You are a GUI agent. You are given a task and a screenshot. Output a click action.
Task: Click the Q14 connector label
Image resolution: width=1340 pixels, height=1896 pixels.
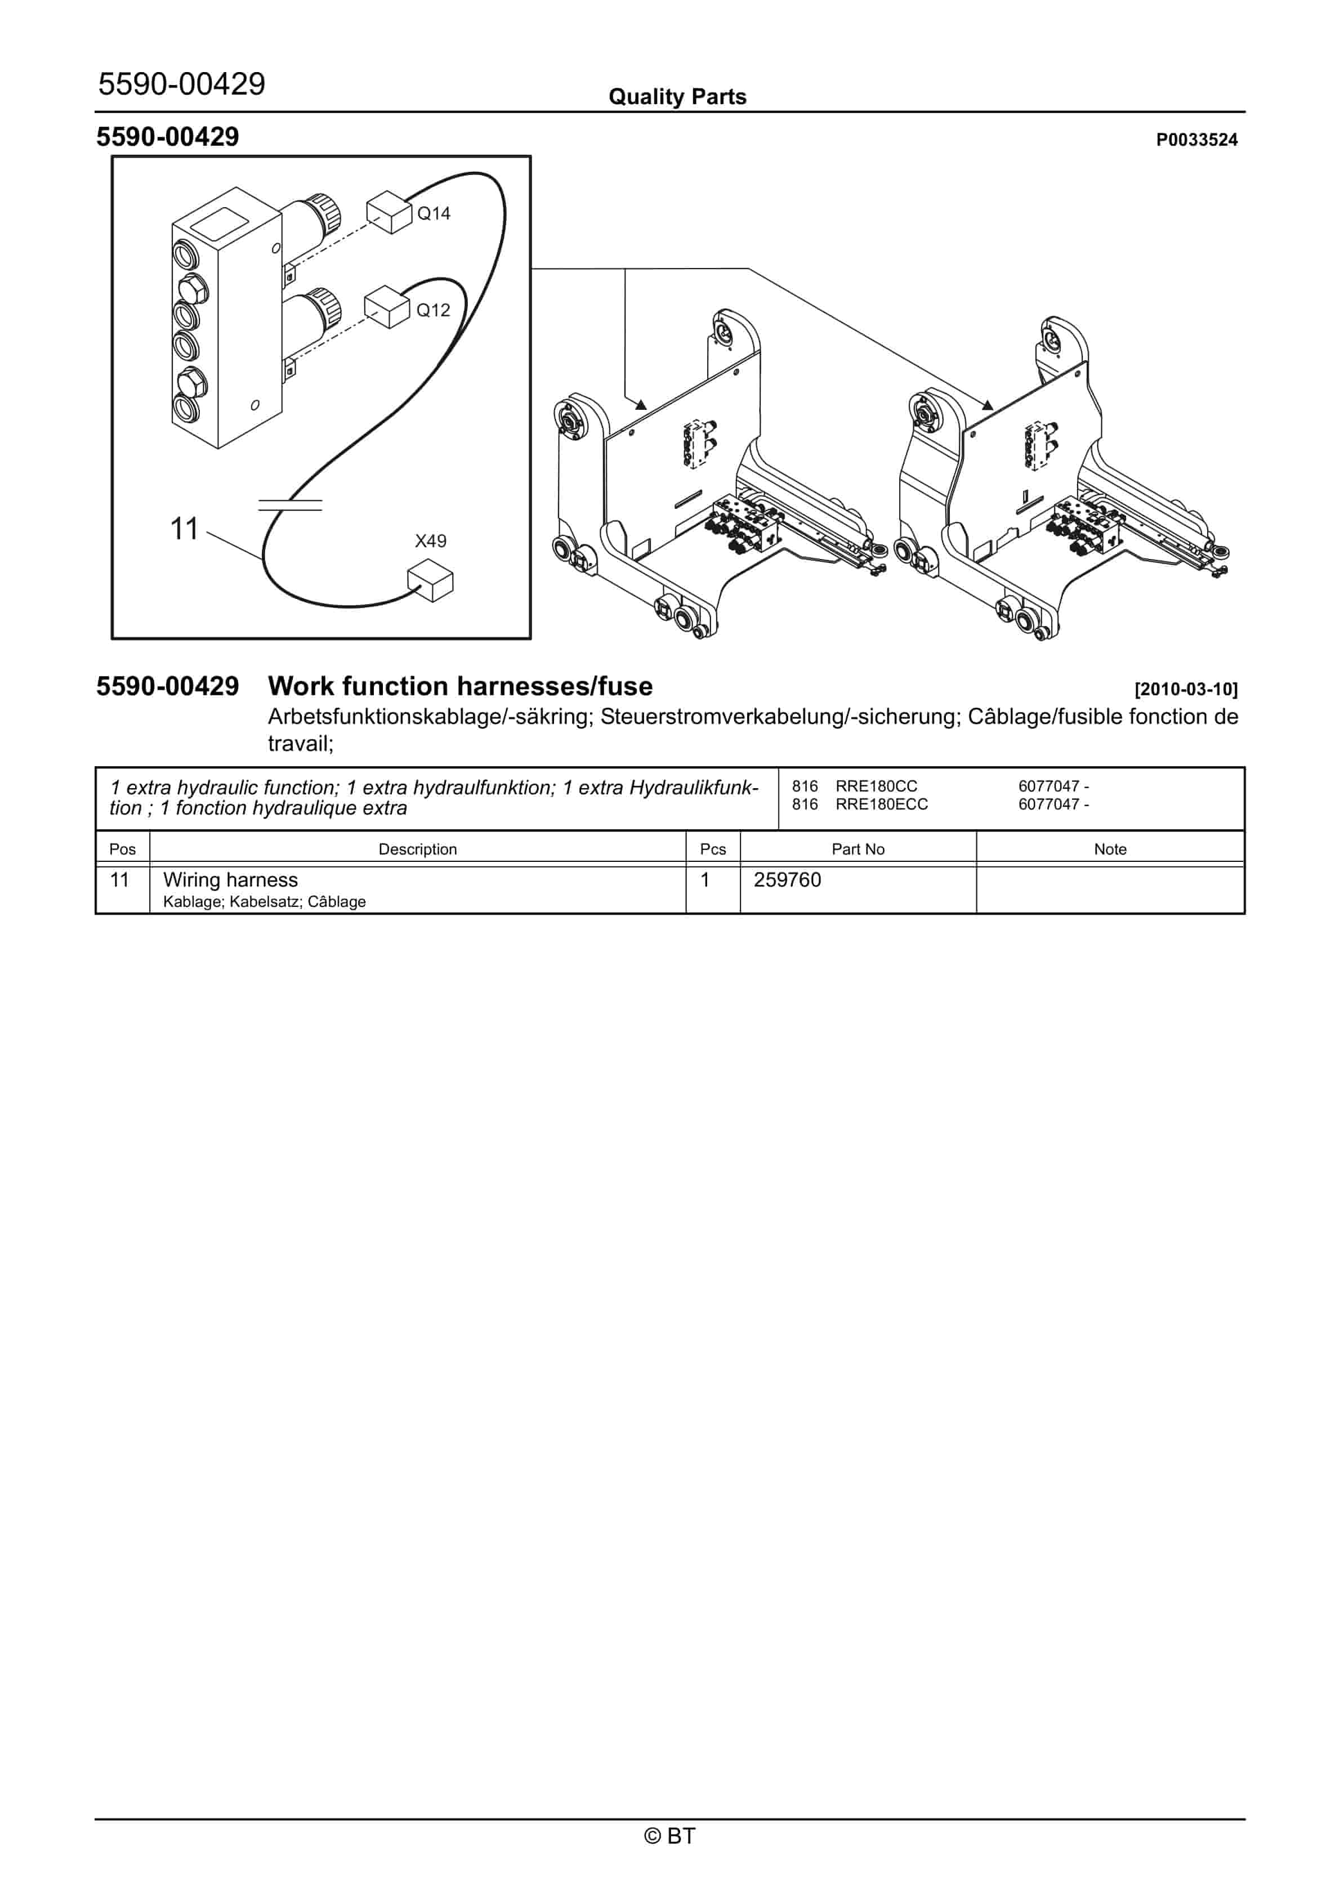click(433, 214)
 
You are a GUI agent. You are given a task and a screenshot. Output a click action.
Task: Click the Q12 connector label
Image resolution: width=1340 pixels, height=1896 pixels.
click(433, 311)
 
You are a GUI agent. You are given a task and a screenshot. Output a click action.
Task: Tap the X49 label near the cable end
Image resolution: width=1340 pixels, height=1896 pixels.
click(430, 541)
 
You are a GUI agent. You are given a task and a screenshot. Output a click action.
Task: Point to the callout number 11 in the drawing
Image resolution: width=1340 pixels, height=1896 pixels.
click(184, 529)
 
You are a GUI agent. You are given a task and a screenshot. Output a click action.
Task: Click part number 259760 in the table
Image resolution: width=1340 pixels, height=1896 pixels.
click(787, 880)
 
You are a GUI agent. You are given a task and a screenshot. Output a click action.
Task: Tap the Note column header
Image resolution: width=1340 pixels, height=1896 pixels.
click(1110, 849)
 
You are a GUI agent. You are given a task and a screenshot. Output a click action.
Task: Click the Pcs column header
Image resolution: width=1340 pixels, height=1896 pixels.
click(712, 849)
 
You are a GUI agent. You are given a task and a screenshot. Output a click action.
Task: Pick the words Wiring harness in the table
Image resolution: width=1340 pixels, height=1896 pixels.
click(230, 880)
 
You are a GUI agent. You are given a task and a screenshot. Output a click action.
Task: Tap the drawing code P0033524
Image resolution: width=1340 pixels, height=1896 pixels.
click(1196, 140)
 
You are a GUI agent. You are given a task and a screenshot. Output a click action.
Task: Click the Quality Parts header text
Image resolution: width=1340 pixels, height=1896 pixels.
click(677, 97)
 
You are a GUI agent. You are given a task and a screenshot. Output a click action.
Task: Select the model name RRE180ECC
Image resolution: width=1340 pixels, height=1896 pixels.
click(882, 804)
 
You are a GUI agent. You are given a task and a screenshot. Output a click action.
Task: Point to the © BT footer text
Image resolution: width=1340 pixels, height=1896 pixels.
click(670, 1836)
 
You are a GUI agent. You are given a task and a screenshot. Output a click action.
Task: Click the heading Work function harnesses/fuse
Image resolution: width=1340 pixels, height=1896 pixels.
click(460, 686)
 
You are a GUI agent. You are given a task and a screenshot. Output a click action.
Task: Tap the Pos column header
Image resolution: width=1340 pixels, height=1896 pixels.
click(122, 849)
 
